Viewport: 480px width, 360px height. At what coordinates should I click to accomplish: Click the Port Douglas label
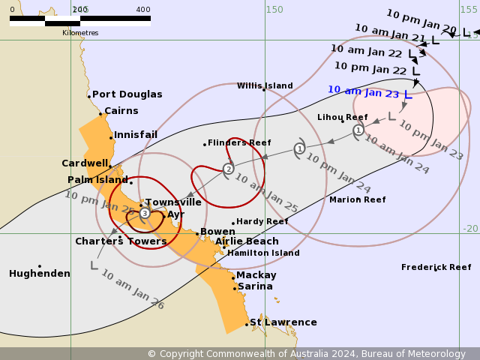127,94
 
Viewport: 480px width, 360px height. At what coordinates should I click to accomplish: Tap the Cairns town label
121,111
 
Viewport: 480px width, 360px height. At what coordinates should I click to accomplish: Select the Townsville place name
172,202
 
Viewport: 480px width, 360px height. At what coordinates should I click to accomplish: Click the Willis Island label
265,86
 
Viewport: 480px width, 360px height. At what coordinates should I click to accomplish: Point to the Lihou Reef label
342,118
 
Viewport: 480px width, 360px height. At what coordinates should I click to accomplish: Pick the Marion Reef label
357,200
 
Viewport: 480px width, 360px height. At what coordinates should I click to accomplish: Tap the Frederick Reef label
436,268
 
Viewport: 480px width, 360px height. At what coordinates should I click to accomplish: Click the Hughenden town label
39,274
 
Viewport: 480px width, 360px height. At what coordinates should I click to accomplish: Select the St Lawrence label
283,322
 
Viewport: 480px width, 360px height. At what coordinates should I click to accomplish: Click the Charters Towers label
121,241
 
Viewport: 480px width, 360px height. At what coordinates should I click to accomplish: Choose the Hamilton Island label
263,253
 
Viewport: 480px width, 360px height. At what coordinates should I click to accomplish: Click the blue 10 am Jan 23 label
363,91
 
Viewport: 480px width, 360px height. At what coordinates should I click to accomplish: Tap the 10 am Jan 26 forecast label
132,289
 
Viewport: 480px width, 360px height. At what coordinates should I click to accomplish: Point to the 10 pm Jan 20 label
421,22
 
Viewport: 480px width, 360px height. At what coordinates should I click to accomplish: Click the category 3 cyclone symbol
145,214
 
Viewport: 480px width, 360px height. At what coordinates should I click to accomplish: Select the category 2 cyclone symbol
228,169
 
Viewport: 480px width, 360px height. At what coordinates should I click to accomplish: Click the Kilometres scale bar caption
80,33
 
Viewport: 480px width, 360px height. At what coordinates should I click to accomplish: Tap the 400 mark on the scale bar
143,10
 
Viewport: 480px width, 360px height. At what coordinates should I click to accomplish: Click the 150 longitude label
274,10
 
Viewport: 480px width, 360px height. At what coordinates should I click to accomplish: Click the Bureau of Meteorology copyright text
306,354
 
